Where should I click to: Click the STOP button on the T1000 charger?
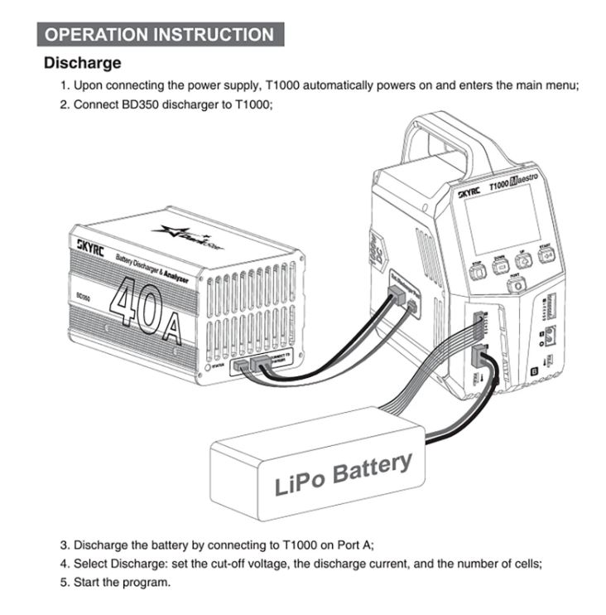click(479, 271)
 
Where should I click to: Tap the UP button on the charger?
click(523, 259)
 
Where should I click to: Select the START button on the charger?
click(546, 255)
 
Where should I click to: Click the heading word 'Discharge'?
click(82, 63)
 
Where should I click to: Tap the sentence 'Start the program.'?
click(122, 582)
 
